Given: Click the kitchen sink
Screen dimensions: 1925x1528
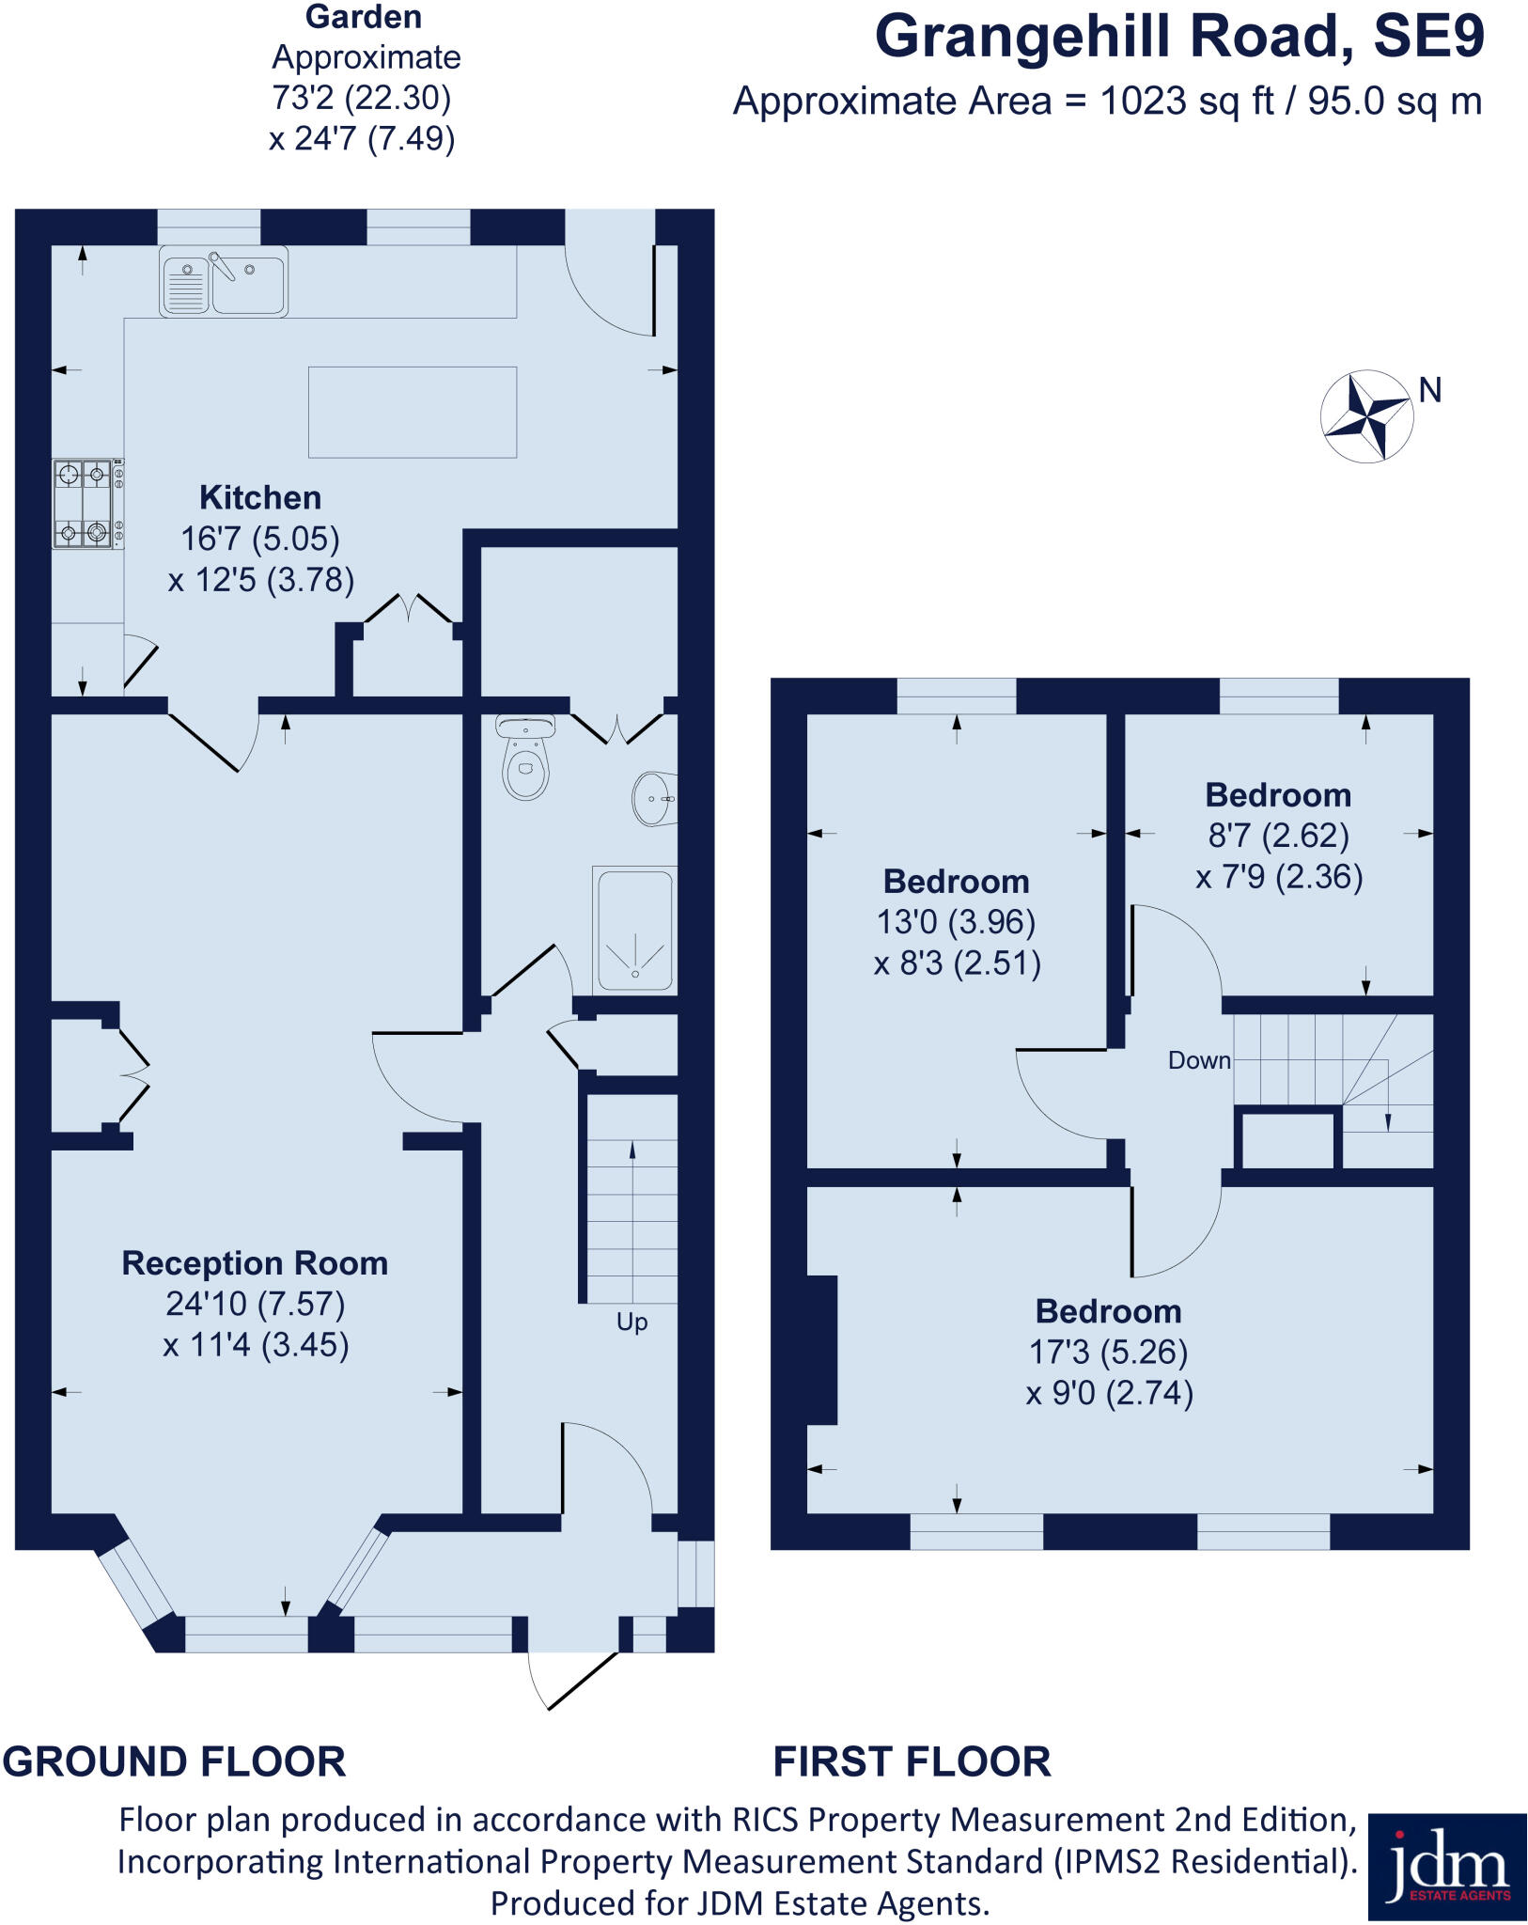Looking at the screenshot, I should pyautogui.click(x=224, y=281).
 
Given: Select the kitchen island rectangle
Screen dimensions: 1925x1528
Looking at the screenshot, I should pyautogui.click(x=413, y=412).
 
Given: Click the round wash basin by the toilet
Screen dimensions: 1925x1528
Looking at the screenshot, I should pyautogui.click(x=652, y=798).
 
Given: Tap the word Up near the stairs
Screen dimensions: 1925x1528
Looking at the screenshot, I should pyautogui.click(x=631, y=1322).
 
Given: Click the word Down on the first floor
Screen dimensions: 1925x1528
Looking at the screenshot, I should pyautogui.click(x=1198, y=1060).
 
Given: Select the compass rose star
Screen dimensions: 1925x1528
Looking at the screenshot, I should pyautogui.click(x=1367, y=415).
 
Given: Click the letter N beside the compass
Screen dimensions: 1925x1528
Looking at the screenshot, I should pyautogui.click(x=1429, y=390).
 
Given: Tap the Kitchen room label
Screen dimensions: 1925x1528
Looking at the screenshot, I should pyautogui.click(x=260, y=497).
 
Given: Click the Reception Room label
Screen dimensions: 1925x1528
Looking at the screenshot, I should pyautogui.click(x=255, y=1263).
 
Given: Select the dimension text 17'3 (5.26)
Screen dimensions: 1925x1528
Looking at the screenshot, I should pyautogui.click(x=1109, y=1352).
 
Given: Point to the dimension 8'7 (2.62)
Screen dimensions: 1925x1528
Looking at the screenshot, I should pyautogui.click(x=1278, y=835).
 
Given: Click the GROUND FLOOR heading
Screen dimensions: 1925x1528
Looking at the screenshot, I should pyautogui.click(x=175, y=1761).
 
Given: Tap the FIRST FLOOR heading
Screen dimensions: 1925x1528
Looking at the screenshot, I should pyautogui.click(x=912, y=1761).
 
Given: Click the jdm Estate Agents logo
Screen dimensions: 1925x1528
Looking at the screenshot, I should pyautogui.click(x=1446, y=1867).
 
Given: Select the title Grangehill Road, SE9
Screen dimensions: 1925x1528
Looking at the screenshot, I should pyautogui.click(x=1179, y=38).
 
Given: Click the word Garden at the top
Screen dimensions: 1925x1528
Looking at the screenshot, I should pyautogui.click(x=364, y=17).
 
